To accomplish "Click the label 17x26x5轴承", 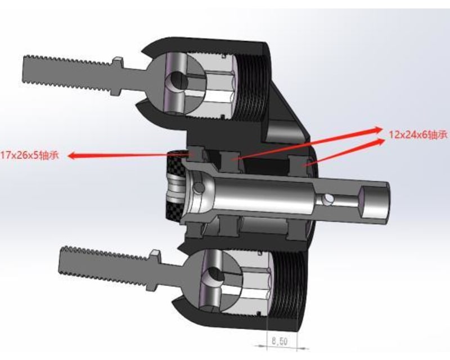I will pos(31,155).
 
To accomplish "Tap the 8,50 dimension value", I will pos(279,340).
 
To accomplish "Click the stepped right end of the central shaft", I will pos(374,203).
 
